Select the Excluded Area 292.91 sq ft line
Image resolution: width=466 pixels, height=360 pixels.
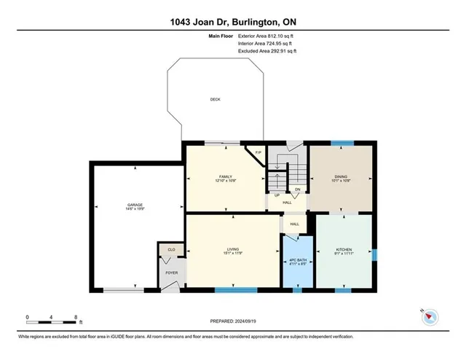coord(268,51)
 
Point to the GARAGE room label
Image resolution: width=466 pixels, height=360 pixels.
coord(136,205)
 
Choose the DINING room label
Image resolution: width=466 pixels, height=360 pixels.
coord(341,176)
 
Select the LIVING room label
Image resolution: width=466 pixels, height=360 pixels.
coord(233,250)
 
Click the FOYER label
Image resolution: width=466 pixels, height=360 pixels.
coord(171,274)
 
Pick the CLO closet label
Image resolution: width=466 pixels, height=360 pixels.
coord(171,249)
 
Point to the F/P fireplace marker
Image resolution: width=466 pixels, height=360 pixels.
coord(258,152)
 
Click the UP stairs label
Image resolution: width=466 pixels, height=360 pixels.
coord(277,195)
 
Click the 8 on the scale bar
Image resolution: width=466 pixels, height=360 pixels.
coord(76,317)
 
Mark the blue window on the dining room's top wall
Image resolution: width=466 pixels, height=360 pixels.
coord(341,143)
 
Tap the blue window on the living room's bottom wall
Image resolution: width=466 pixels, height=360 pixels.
coord(236,291)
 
